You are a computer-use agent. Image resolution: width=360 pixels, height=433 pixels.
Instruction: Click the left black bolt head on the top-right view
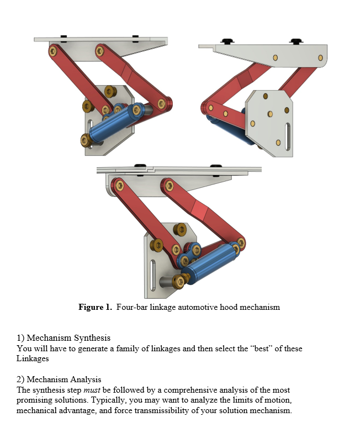(226, 41)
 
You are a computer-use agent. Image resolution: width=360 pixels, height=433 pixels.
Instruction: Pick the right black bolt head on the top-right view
(296, 41)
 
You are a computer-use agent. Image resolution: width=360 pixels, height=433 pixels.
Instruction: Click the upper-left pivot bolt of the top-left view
(53, 51)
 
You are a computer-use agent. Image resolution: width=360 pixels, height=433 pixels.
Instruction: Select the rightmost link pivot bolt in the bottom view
(241, 243)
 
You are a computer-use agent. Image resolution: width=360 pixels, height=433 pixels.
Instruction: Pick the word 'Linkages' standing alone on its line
(33, 359)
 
